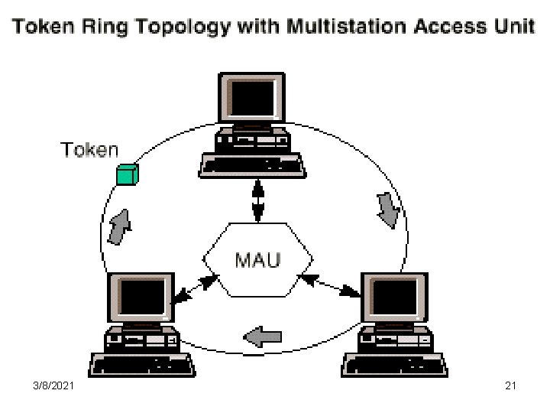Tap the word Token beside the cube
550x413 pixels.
[x=90, y=150]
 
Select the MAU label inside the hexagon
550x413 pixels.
[x=257, y=259]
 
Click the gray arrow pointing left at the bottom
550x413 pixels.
[x=263, y=335]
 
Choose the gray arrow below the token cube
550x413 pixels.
[x=119, y=227]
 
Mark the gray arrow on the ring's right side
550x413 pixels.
[x=388, y=209]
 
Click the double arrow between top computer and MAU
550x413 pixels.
[x=257, y=199]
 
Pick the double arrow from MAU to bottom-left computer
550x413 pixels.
[x=191, y=286]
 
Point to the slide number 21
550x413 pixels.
[x=511, y=386]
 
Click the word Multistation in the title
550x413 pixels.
[x=345, y=27]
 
